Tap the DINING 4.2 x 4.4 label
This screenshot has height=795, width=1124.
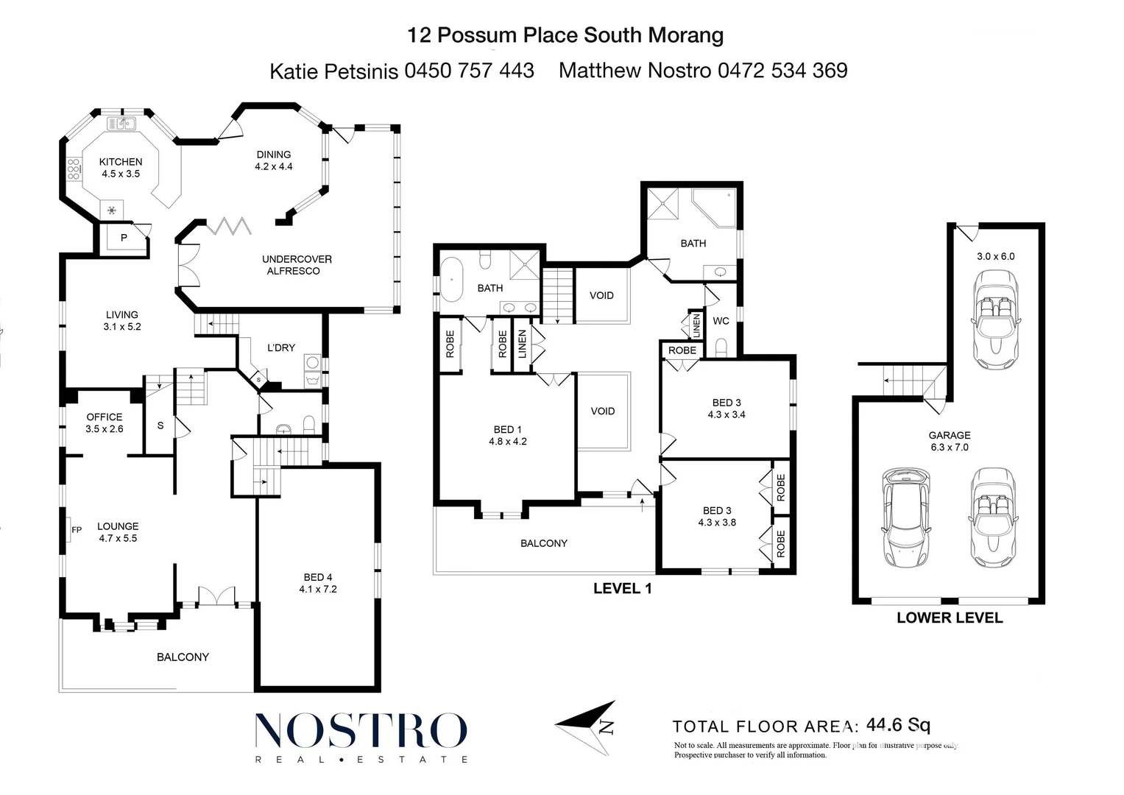tap(274, 160)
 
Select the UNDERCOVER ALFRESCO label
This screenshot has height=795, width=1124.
tap(297, 265)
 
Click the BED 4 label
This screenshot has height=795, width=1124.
tap(318, 583)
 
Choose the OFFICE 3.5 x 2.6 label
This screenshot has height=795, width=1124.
tap(105, 423)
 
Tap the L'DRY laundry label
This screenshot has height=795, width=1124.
tap(281, 347)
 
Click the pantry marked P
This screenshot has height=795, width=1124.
tap(124, 238)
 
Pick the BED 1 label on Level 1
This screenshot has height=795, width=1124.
tap(508, 435)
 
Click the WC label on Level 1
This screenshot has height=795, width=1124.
tap(721, 321)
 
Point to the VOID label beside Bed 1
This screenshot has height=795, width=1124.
tap(603, 411)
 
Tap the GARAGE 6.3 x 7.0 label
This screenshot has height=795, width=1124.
tap(950, 441)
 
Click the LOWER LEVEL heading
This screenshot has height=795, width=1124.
tap(950, 618)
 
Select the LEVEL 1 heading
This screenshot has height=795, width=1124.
tap(623, 588)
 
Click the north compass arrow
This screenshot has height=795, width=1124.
tap(587, 727)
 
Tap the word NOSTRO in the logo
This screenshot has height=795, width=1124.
tap(361, 731)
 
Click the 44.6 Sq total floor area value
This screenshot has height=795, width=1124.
tap(899, 725)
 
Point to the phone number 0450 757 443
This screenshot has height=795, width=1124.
tap(470, 71)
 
